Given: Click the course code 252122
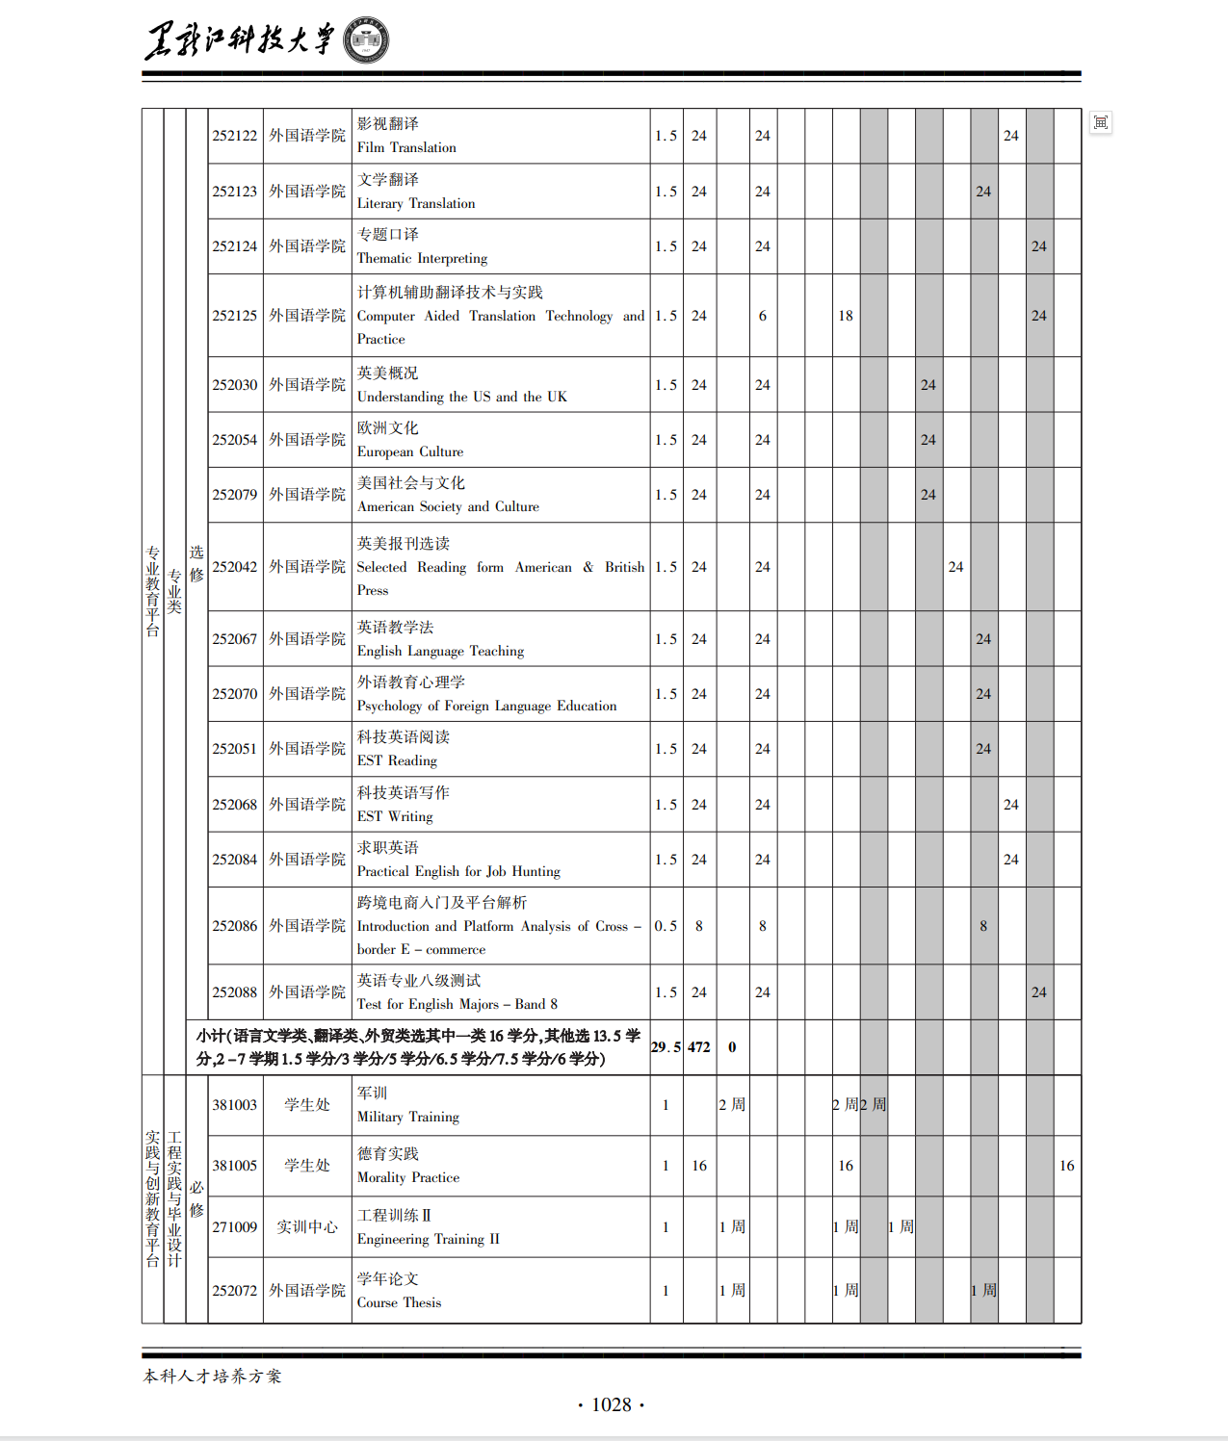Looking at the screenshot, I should tap(235, 136).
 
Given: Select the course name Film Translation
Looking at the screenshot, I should tap(406, 147).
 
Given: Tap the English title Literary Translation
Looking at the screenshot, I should tap(416, 203).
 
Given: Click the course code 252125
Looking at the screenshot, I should tap(235, 316).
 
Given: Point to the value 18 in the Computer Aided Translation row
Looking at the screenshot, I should tap(846, 316).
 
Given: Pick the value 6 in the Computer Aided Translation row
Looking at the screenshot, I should tap(763, 316).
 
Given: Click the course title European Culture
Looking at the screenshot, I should tap(410, 451).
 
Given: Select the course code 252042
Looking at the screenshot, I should tap(235, 567).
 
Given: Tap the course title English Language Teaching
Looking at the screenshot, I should tap(440, 651).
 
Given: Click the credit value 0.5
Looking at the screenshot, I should tap(666, 926).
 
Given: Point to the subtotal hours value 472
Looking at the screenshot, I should tap(699, 1047).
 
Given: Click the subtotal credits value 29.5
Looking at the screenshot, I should tap(666, 1047).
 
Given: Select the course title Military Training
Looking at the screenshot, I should tap(408, 1117).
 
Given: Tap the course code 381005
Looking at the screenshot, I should tap(235, 1166).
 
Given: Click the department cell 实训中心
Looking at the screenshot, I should tap(307, 1227).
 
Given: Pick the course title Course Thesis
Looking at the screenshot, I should tap(399, 1302).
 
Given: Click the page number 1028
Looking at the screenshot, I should tap(612, 1405).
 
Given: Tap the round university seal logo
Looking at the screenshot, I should tap(366, 41).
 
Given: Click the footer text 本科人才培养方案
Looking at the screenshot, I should tap(213, 1377).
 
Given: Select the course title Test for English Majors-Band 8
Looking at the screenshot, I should tap(457, 1004).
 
